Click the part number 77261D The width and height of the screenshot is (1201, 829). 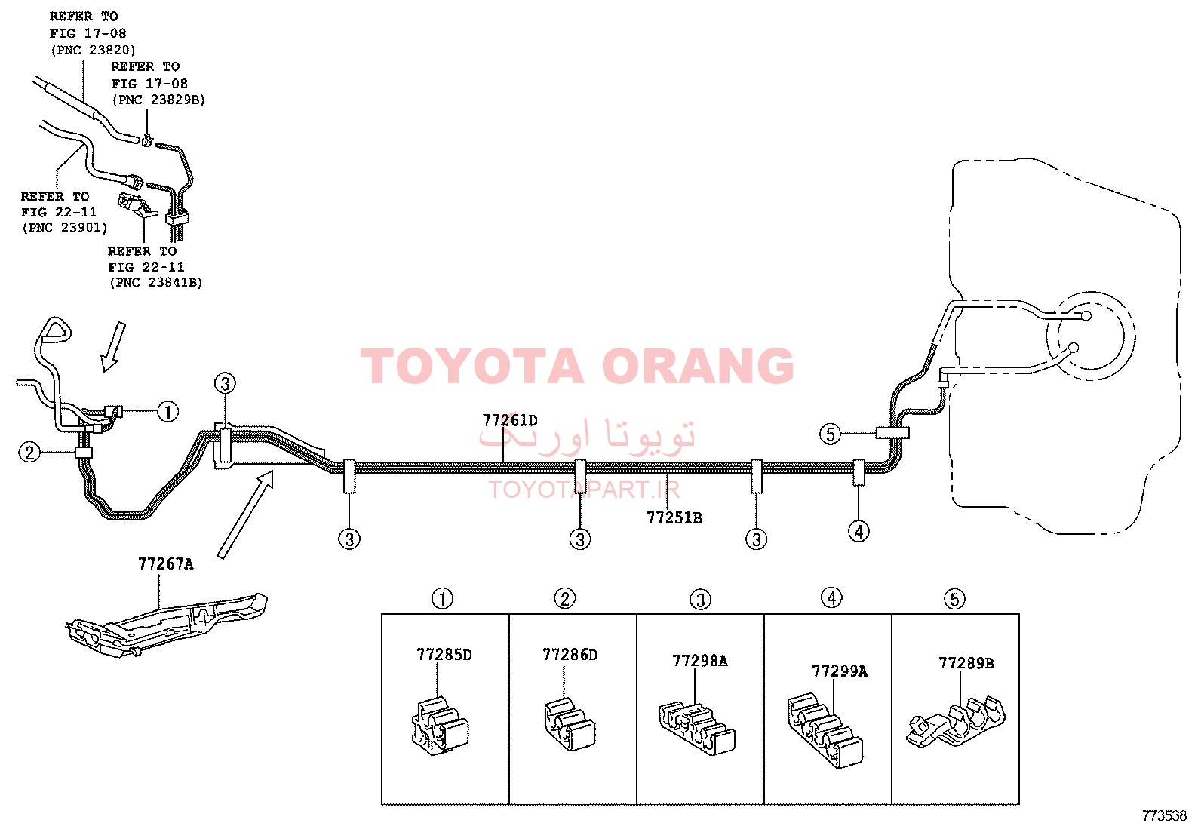509,420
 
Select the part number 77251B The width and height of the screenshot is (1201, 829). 674,518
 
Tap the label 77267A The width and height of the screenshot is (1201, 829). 166,564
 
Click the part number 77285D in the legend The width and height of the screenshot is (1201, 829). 444,655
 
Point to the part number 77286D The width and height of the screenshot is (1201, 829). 570,655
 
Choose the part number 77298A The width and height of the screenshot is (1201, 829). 700,661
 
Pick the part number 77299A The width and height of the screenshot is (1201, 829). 840,671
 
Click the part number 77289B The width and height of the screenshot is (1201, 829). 966,663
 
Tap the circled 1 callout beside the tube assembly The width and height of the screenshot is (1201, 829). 167,412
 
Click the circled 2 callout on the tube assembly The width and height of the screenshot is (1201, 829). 29,453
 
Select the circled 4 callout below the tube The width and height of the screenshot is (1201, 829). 859,531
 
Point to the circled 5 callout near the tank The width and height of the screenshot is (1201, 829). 831,434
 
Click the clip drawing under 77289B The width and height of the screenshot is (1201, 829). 956,721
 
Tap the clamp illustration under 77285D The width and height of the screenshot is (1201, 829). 440,726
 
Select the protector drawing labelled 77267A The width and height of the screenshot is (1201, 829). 166,625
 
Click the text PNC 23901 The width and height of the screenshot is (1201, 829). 65,228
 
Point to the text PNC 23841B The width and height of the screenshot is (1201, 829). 156,283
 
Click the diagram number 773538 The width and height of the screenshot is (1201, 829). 1164,816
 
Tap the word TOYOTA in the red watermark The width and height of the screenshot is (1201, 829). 472,367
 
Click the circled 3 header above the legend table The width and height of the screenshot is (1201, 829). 700,600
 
